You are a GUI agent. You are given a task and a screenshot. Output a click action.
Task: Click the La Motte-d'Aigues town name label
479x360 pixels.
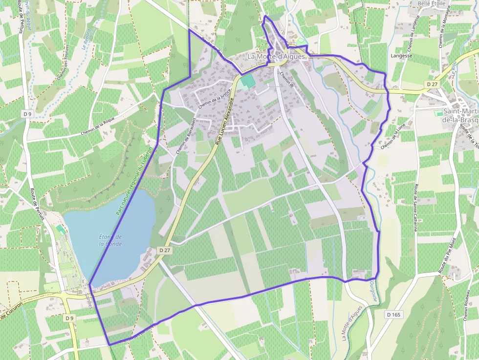click(x=276, y=56)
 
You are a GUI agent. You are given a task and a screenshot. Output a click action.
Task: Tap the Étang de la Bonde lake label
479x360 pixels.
click(x=110, y=240)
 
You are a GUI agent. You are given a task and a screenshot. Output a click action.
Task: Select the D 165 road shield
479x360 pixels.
click(x=393, y=315)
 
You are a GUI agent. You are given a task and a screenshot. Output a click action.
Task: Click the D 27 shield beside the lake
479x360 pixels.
click(x=165, y=250)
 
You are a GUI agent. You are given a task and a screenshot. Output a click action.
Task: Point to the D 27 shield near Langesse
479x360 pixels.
click(x=432, y=85)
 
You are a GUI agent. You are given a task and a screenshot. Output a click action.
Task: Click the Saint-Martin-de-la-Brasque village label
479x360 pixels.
click(x=459, y=115)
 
